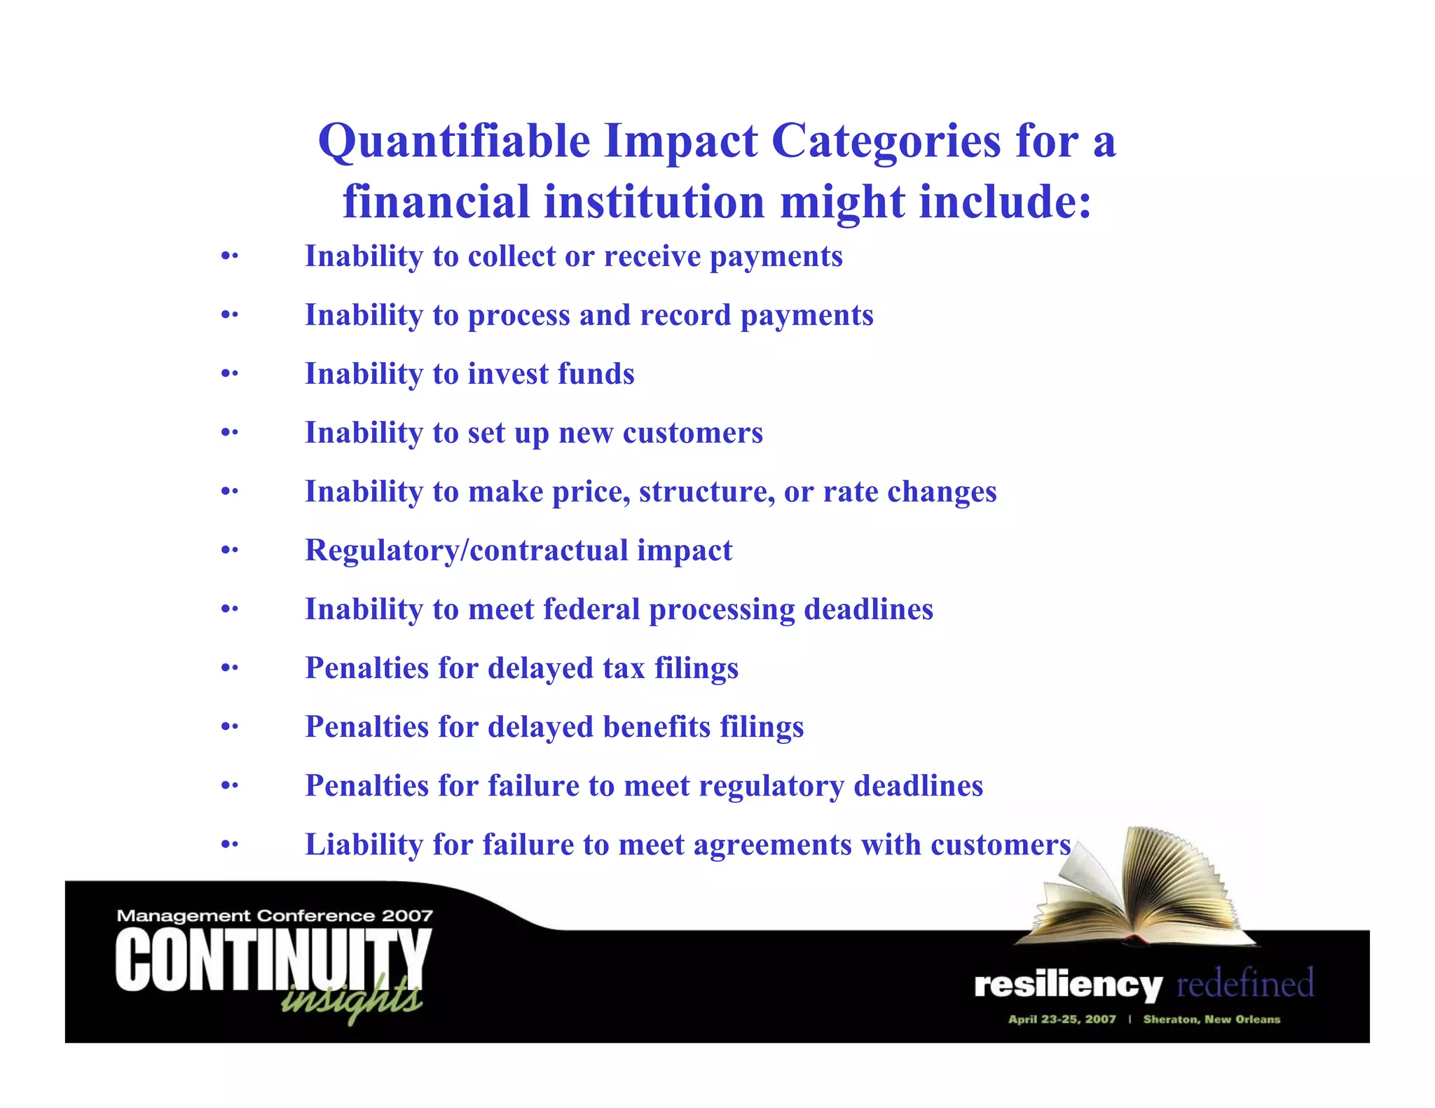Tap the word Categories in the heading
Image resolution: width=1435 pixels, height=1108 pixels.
[886, 142]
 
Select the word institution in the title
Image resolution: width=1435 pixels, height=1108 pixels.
[654, 202]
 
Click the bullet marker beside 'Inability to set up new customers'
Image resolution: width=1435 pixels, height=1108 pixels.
[229, 433]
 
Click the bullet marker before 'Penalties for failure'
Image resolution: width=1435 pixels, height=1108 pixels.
[229, 786]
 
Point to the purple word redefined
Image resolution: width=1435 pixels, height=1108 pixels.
[1244, 983]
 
